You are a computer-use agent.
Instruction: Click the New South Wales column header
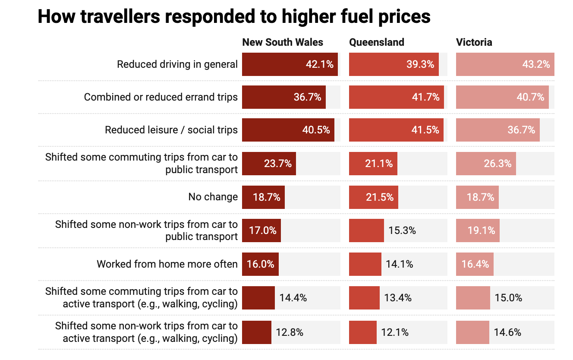pyautogui.click(x=283, y=42)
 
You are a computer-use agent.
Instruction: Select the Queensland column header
pyautogui.click(x=377, y=42)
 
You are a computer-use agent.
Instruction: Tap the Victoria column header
pyautogui.click(x=474, y=42)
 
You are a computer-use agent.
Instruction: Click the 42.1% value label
pyautogui.click(x=320, y=64)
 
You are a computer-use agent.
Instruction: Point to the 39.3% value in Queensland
pyautogui.click(x=420, y=64)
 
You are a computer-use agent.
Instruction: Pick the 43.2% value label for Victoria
pyautogui.click(x=536, y=64)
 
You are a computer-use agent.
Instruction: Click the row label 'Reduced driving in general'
pyautogui.click(x=177, y=64)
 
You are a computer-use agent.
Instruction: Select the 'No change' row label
pyautogui.click(x=213, y=197)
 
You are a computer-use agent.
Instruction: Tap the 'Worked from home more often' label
pyautogui.click(x=167, y=264)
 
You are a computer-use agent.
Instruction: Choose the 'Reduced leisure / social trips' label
pyautogui.click(x=171, y=130)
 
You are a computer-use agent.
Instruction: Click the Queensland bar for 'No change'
pyautogui.click(x=374, y=197)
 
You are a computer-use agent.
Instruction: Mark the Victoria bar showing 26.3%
pyautogui.click(x=486, y=164)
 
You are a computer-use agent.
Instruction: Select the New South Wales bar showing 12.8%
pyautogui.click(x=257, y=332)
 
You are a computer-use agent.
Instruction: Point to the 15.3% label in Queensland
pyautogui.click(x=402, y=231)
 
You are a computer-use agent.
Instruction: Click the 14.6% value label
pyautogui.click(x=507, y=332)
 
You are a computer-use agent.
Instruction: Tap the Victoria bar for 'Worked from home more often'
pyautogui.click(x=475, y=264)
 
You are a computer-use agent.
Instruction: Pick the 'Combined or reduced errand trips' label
pyautogui.click(x=161, y=97)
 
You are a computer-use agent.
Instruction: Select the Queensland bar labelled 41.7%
pyautogui.click(x=396, y=97)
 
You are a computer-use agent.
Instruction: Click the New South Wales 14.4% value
pyautogui.click(x=293, y=298)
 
